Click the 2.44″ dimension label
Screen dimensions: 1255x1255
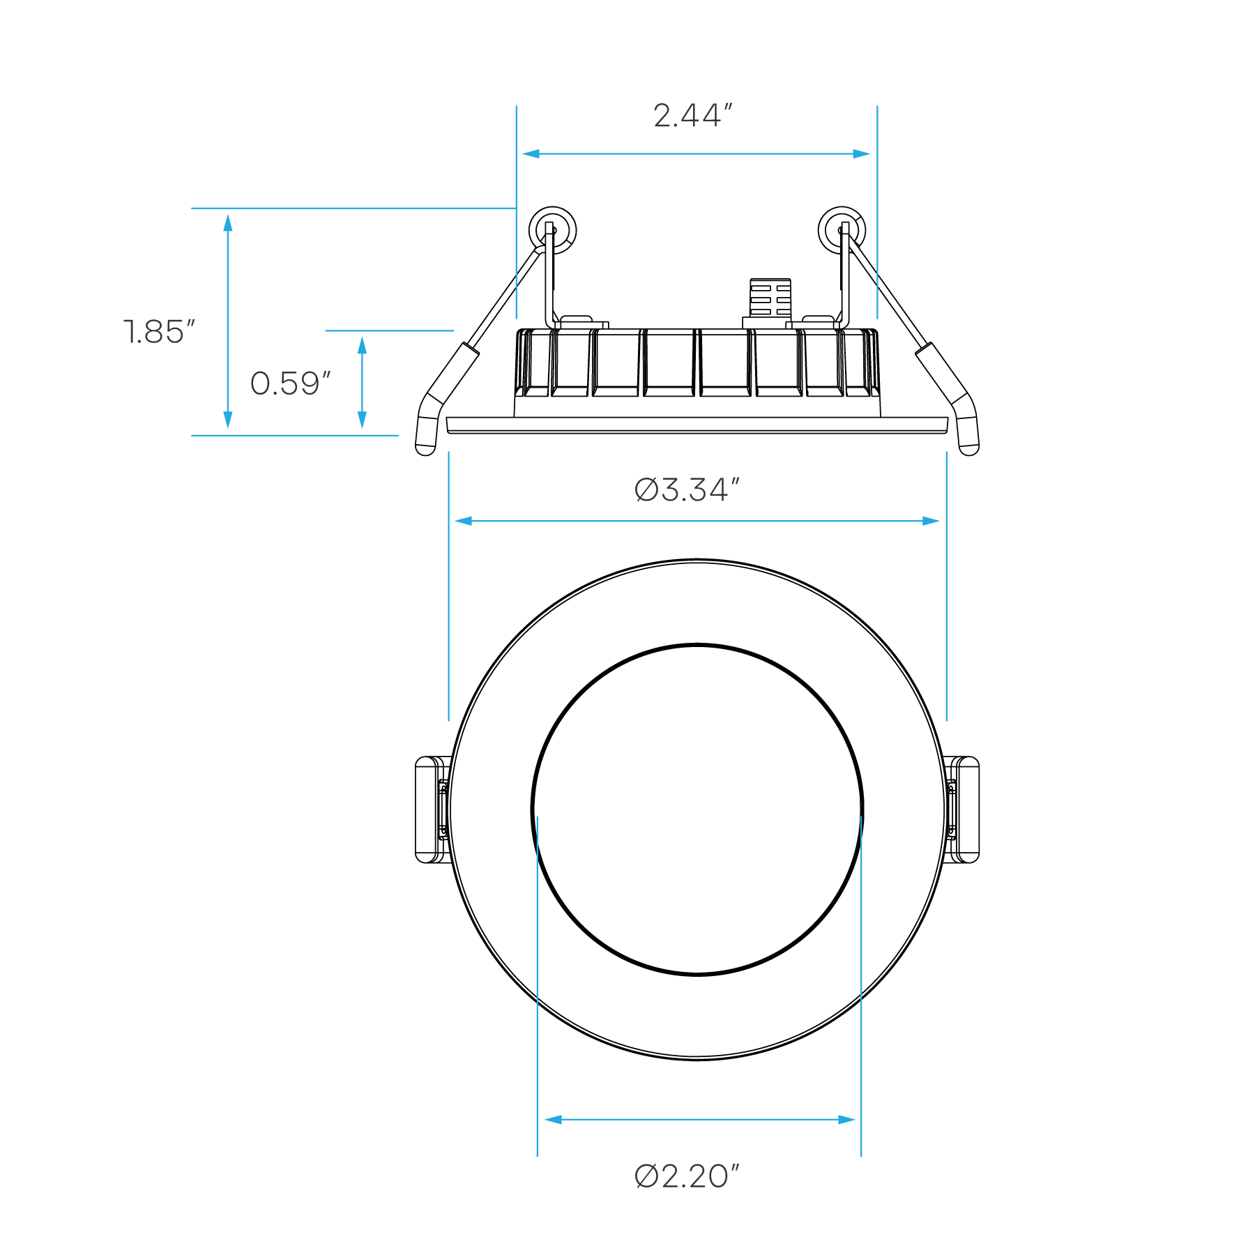[x=692, y=116]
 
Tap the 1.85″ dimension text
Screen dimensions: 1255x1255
[x=159, y=332]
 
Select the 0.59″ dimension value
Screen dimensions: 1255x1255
[x=289, y=383]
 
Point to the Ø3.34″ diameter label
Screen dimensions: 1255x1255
[x=687, y=489]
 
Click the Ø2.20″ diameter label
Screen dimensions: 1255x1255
[x=687, y=1176]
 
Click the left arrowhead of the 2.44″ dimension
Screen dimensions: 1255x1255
[x=531, y=154]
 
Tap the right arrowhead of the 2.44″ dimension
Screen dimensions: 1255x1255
[x=862, y=154]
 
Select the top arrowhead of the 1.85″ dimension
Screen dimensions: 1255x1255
[x=228, y=223]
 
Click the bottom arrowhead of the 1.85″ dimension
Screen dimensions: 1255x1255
[x=228, y=420]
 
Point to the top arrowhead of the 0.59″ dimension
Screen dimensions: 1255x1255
[x=362, y=345]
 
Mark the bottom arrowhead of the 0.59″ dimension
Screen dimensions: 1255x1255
[x=362, y=420]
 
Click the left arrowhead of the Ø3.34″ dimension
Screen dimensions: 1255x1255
[x=463, y=521]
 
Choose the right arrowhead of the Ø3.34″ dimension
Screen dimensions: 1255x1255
[x=931, y=521]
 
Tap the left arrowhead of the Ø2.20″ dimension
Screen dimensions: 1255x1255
[x=552, y=1120]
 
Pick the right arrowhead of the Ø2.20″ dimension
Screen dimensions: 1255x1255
[x=846, y=1120]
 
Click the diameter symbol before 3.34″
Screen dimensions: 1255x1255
[x=646, y=489]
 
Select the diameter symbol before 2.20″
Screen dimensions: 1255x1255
[x=646, y=1176]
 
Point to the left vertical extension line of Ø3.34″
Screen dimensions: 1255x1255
[x=448, y=586]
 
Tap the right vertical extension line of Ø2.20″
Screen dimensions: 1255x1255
[x=861, y=976]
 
